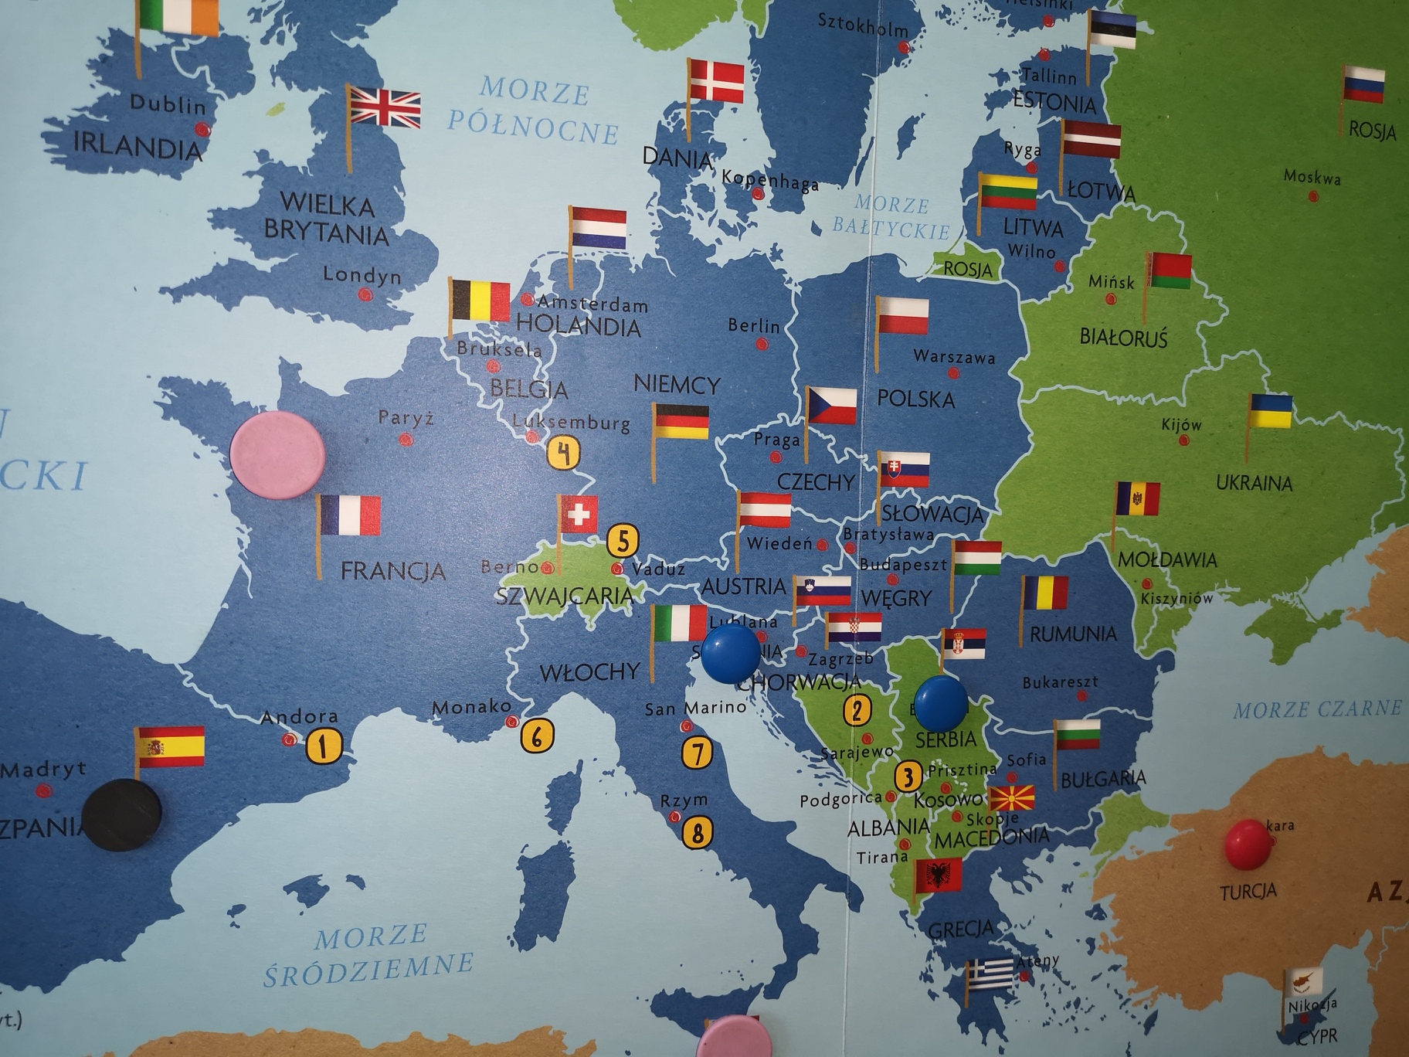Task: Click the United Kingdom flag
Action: point(385,109)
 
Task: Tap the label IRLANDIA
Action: point(138,145)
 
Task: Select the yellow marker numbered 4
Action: point(564,454)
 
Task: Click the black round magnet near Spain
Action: point(122,814)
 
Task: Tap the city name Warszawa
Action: point(954,357)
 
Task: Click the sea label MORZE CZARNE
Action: point(1316,709)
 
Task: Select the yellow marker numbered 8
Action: point(698,832)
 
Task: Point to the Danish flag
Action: point(716,81)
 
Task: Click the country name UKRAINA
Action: point(1254,483)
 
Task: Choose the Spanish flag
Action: point(170,746)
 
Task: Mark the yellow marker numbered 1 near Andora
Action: point(324,746)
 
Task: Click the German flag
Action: point(681,422)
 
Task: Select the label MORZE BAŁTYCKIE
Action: point(891,216)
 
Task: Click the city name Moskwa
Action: point(1312,177)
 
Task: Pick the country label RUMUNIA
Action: point(1073,634)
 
